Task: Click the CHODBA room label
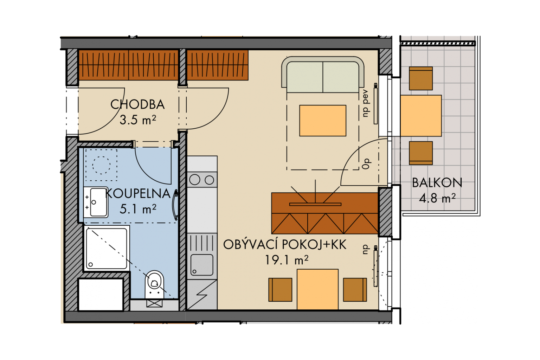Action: coord(137,105)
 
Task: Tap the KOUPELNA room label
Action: coord(138,194)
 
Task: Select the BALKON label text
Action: coord(437,183)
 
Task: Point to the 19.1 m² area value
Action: coord(287,260)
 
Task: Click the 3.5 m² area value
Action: coord(138,120)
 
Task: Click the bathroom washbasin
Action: coord(96,202)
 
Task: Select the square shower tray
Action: coord(107,249)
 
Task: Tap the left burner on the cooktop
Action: coord(194,180)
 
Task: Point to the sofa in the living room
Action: coord(323,75)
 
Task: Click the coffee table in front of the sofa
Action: coord(323,121)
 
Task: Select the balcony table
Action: coord(421,116)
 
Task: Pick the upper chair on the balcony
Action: coord(421,79)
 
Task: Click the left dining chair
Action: coord(280,290)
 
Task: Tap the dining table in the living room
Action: coord(317,289)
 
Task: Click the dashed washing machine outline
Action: coord(102,165)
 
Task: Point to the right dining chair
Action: coord(355,290)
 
